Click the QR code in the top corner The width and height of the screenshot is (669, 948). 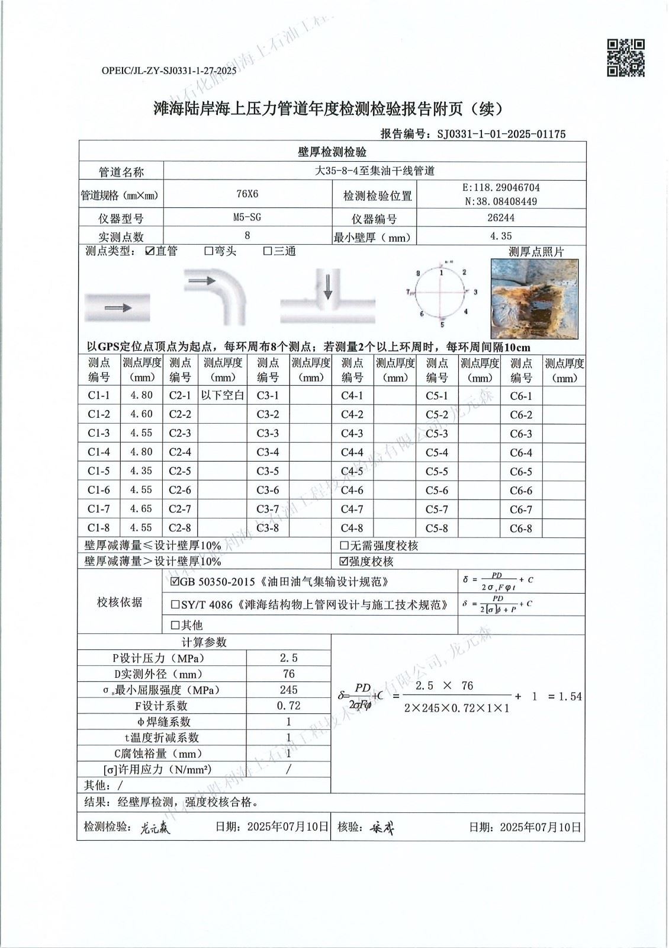point(626,57)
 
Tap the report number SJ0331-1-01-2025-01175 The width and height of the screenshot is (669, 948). point(501,134)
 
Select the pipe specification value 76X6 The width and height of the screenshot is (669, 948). point(247,194)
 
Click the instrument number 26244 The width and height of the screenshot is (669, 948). point(500,217)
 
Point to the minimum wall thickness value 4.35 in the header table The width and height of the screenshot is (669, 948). point(501,236)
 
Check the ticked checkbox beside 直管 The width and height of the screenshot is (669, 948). point(150,251)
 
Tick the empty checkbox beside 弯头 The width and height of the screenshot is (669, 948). point(208,251)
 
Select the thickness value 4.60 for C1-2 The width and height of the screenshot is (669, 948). point(141,414)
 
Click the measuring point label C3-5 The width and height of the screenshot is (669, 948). point(268,471)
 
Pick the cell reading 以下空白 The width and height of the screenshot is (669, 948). point(223,395)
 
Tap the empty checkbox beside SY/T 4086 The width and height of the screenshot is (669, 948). point(175,605)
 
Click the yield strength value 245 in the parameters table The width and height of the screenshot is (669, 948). point(288,690)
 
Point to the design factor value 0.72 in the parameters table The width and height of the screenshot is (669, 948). point(288,706)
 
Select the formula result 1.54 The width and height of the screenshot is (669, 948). point(569,697)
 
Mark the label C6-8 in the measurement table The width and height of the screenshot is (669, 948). point(521,529)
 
